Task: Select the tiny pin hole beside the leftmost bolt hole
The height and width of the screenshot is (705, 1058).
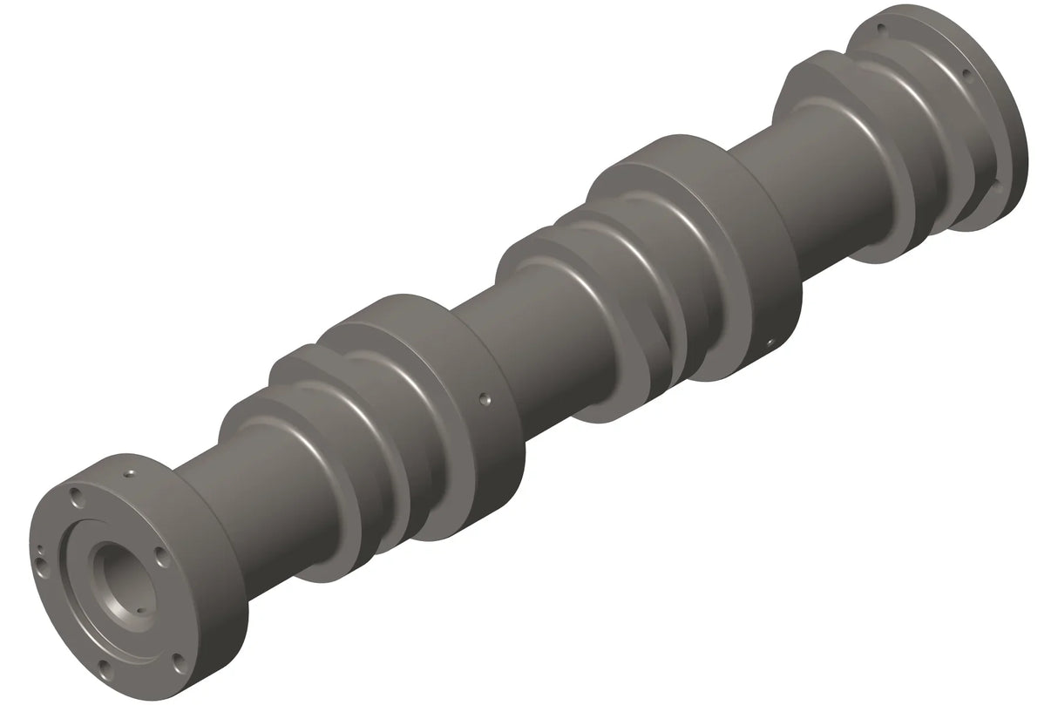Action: [39, 550]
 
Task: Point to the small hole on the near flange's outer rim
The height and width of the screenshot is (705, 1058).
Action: [128, 473]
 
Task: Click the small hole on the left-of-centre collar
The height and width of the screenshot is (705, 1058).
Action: [484, 400]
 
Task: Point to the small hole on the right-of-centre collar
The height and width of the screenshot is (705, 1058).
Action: [768, 343]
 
